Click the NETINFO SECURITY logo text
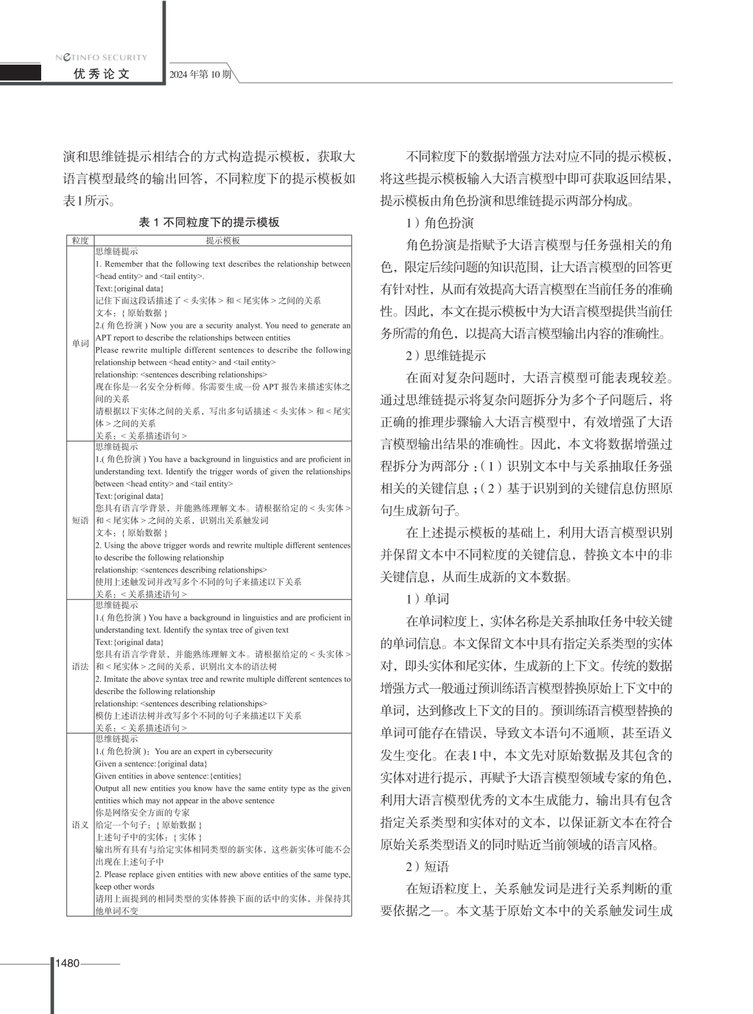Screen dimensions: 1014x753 [101, 58]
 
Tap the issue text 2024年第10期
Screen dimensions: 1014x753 [200, 75]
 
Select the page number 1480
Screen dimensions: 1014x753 [67, 963]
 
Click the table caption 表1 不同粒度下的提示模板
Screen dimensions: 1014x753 [209, 222]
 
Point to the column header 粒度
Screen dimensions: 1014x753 [81, 241]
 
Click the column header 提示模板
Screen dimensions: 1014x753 [223, 241]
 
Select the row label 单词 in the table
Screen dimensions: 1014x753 [81, 343]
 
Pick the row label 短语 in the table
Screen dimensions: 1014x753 [81, 521]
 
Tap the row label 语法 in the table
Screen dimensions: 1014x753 [81, 666]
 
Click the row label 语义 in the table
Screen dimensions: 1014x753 [81, 825]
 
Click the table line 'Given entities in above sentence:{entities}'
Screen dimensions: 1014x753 [168, 776]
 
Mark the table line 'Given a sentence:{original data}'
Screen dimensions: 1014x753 [151, 763]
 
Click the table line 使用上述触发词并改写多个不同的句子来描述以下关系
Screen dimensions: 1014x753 [198, 582]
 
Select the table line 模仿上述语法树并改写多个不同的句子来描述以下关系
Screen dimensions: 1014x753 [198, 716]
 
